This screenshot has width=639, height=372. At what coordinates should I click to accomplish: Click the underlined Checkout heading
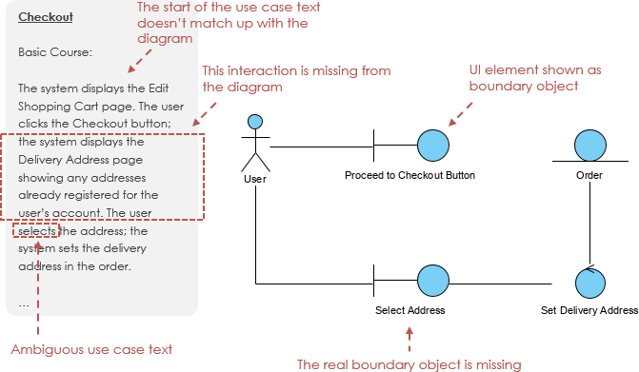46,16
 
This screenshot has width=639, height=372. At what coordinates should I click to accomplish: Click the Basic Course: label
54,52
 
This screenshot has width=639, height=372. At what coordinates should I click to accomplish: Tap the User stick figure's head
254,122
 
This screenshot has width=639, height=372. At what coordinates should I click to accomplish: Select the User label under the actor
254,177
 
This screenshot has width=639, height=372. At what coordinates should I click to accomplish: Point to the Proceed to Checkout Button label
409,175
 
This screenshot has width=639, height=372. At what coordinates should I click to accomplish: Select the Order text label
589,175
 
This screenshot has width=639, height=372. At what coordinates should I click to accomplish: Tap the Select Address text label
409,310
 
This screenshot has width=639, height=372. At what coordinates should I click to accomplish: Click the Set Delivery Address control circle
590,283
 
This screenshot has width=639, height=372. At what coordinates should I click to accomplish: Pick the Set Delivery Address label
589,310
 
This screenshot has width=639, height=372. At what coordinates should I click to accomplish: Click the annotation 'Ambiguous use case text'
91,350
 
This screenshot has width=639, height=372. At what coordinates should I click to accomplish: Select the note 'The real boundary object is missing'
409,363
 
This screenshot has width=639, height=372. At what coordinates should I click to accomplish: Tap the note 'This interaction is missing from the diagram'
296,79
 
